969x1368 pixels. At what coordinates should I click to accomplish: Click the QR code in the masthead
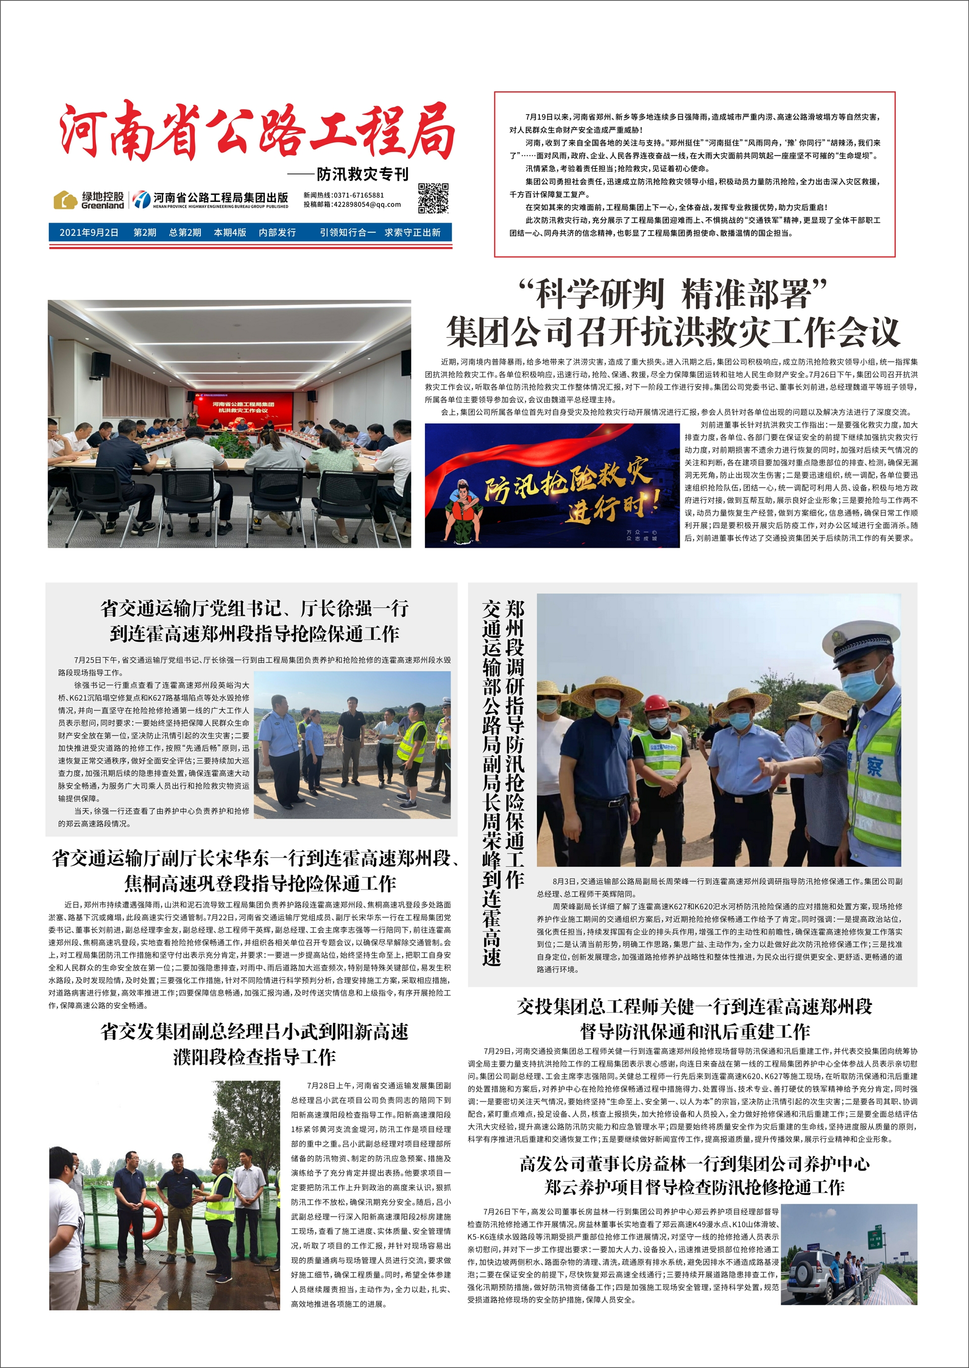tap(433, 198)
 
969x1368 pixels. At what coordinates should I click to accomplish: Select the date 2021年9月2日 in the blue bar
tap(89, 233)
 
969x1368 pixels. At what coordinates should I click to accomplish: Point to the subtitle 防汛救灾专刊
tap(362, 174)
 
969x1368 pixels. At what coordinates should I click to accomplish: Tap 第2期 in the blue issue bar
tap(145, 233)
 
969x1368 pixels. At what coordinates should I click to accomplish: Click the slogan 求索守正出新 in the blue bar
tap(412, 233)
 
